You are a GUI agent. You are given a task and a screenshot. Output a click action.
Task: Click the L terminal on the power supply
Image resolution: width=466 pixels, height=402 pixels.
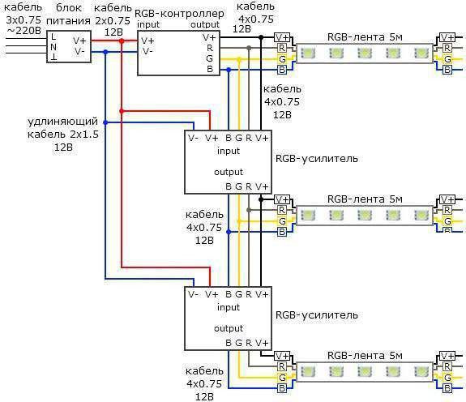pos(53,37)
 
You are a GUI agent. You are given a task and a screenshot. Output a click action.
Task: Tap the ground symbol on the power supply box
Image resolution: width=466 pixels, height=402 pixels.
pos(53,57)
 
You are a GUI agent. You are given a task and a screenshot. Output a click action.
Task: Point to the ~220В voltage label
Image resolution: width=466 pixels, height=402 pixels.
pos(24,31)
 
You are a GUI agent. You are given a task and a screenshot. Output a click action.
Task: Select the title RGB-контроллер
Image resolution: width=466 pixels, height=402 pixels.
pos(179,14)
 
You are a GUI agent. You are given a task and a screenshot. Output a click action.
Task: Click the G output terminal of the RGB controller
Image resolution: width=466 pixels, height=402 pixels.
pos(210,58)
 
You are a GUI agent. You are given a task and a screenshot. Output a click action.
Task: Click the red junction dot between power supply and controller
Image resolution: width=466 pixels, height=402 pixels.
pos(122,41)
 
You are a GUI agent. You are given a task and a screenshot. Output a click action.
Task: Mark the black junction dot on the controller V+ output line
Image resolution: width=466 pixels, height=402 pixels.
pos(261,37)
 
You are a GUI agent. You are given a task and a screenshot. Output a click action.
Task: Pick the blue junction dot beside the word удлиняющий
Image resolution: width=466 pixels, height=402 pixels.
pos(105,122)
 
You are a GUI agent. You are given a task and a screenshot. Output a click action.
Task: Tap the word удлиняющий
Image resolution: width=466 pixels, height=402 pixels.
pos(62,122)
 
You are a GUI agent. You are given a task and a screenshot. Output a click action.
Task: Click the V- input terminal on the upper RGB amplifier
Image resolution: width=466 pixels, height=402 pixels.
pos(193,138)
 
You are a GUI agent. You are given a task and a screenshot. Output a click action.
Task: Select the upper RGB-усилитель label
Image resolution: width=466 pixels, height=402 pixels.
pos(317,159)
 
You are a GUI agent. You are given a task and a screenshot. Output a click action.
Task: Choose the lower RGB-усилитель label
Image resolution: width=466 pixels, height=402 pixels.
pos(317,315)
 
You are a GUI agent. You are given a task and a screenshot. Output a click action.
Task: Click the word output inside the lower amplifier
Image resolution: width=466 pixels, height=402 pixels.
pos(229,328)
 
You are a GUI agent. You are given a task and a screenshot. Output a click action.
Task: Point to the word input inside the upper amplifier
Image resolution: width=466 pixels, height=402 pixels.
pos(229,151)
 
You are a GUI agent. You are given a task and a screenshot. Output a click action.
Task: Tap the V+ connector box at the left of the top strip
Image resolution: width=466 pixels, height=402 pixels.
pos(282,37)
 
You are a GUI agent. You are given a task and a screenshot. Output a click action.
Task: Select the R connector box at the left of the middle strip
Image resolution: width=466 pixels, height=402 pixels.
pos(281,210)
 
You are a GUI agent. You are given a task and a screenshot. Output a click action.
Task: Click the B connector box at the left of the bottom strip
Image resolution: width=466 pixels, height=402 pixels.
pos(281,388)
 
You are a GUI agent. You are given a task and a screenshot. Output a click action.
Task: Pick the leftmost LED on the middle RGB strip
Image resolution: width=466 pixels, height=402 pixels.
pos(308,215)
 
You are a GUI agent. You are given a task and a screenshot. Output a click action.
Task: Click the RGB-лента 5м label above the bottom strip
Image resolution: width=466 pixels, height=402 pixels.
pos(365,356)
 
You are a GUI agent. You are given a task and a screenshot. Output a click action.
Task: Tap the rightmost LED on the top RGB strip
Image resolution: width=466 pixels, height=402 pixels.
pos(421,53)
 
